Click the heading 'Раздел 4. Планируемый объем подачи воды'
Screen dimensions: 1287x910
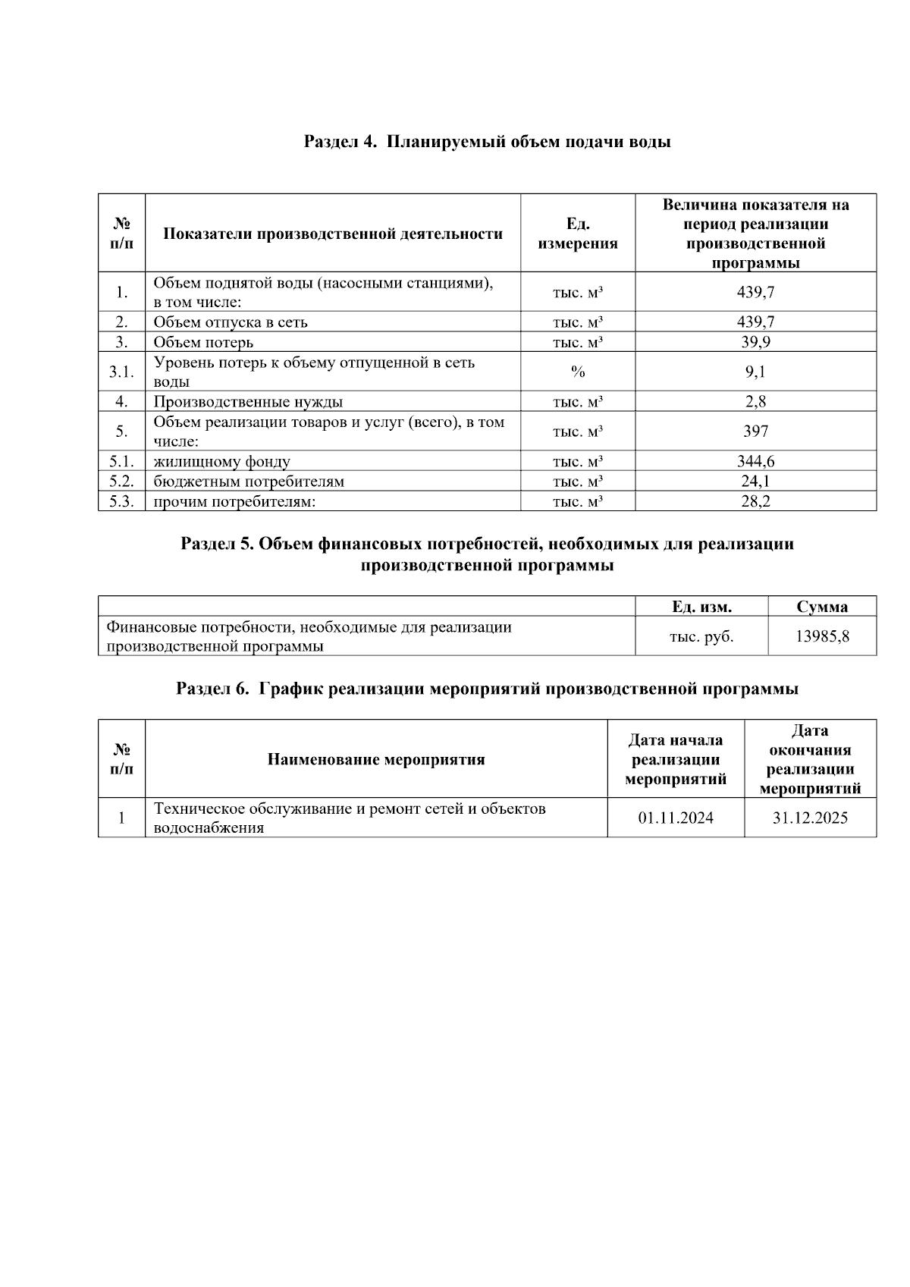pyautogui.click(x=487, y=142)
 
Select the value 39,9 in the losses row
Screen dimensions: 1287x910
pyautogui.click(x=755, y=342)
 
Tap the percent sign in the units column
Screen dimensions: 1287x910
pyautogui.click(x=577, y=372)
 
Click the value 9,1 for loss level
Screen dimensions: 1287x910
pyautogui.click(x=755, y=372)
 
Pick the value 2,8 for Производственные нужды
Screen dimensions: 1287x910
pyautogui.click(x=755, y=401)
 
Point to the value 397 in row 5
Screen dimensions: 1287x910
pyautogui.click(x=755, y=432)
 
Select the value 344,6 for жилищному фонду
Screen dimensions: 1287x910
pyautogui.click(x=755, y=461)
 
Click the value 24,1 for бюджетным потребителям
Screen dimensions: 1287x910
pyautogui.click(x=755, y=481)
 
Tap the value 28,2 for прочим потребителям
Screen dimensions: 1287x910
pyautogui.click(x=755, y=501)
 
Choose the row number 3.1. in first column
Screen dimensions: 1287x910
pyautogui.click(x=121, y=372)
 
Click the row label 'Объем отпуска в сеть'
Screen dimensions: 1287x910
pyautogui.click(x=231, y=322)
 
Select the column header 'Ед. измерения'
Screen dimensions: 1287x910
pyautogui.click(x=577, y=234)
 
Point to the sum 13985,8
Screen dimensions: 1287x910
pyautogui.click(x=822, y=636)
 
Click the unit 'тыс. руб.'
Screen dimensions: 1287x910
pyautogui.click(x=701, y=636)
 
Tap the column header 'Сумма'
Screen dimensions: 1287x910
pyautogui.click(x=822, y=607)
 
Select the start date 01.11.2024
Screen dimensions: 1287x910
pyautogui.click(x=676, y=818)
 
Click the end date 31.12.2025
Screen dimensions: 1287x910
pyautogui.click(x=810, y=818)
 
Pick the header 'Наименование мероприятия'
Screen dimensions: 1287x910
pyautogui.click(x=375, y=759)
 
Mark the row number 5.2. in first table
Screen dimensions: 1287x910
pyautogui.click(x=121, y=481)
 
